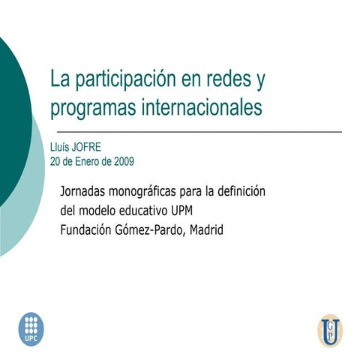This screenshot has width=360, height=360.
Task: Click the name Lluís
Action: click(x=61, y=148)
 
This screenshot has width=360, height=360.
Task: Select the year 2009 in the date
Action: click(x=122, y=161)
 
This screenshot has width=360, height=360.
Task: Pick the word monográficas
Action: click(x=148, y=192)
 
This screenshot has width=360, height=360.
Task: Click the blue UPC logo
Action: click(x=31, y=328)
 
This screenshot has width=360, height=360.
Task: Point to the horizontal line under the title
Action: click(x=196, y=132)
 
